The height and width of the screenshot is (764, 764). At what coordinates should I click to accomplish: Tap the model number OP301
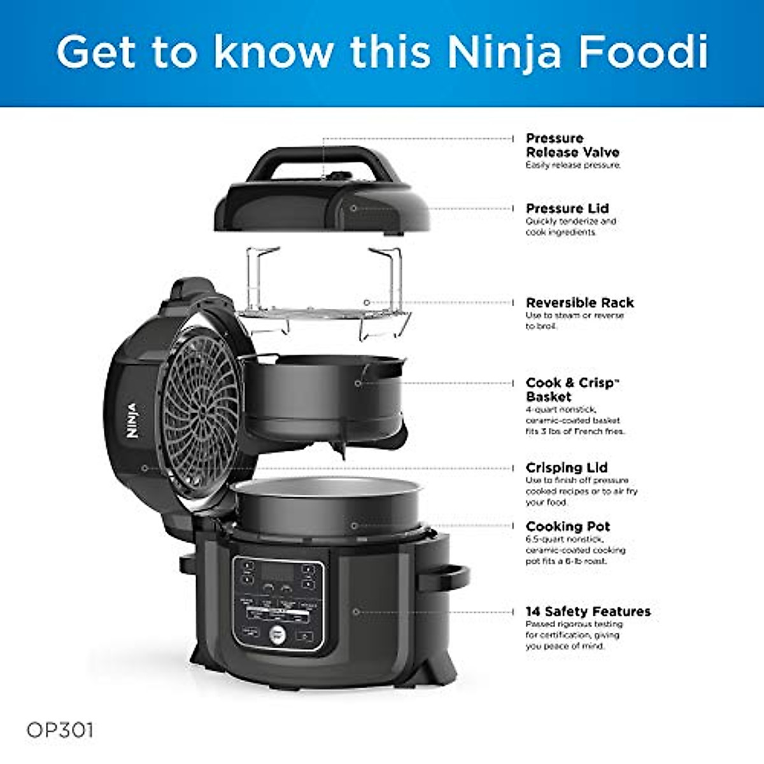pos(60,730)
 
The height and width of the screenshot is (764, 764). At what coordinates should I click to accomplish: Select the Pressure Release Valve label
pos(572,146)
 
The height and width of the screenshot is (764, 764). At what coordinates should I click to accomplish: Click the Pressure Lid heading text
pos(567,209)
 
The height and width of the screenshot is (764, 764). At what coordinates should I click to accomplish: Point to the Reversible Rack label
pos(579,303)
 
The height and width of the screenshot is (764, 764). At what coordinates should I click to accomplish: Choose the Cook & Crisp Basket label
pos(571,390)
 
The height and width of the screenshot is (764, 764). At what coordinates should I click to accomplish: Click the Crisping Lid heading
pos(566,468)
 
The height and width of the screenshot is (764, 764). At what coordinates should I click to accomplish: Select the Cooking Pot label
pos(567,527)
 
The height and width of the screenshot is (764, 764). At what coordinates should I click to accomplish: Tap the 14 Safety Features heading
pos(588,612)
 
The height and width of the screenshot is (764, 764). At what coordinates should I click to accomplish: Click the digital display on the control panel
pos(278,572)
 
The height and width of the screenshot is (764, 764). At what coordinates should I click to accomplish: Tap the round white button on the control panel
pos(278,633)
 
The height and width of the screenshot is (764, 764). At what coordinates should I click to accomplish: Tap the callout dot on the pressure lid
pos(354,208)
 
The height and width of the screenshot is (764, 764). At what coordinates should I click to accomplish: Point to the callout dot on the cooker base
pos(356,612)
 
